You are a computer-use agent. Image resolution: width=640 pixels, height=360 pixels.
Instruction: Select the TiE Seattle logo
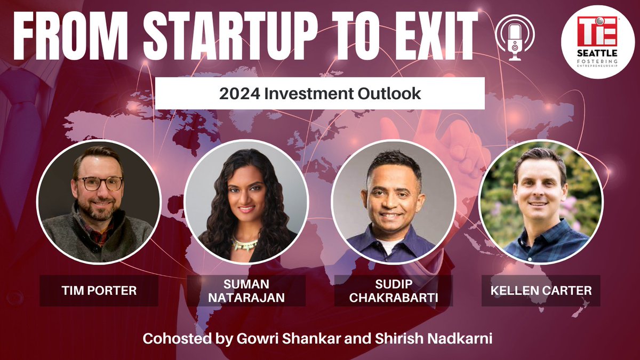tap(597, 42)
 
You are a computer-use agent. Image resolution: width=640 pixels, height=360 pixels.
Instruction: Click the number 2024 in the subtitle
tap(236, 94)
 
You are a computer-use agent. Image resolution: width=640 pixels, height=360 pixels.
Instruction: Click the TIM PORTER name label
tap(99, 291)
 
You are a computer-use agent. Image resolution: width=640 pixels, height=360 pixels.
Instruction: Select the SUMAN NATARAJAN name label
tap(246, 291)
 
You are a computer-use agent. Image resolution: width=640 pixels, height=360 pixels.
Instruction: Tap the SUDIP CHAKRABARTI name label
tap(393, 291)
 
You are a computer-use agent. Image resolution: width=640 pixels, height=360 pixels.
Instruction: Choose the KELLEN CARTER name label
tap(541, 291)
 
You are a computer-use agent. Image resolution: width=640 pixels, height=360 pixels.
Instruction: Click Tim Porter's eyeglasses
tap(99, 183)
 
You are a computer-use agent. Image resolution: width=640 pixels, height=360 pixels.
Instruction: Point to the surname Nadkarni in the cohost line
tap(466, 339)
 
